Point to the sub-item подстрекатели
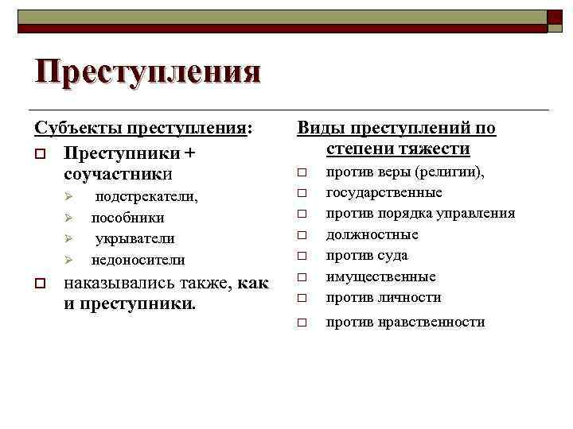[146, 196]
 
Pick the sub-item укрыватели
[135, 238]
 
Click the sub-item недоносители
[138, 260]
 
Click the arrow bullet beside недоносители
[69, 261]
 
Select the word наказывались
[116, 283]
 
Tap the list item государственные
[384, 192]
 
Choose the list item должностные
[372, 234]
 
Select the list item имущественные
[381, 276]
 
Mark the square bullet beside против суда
[302, 257]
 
